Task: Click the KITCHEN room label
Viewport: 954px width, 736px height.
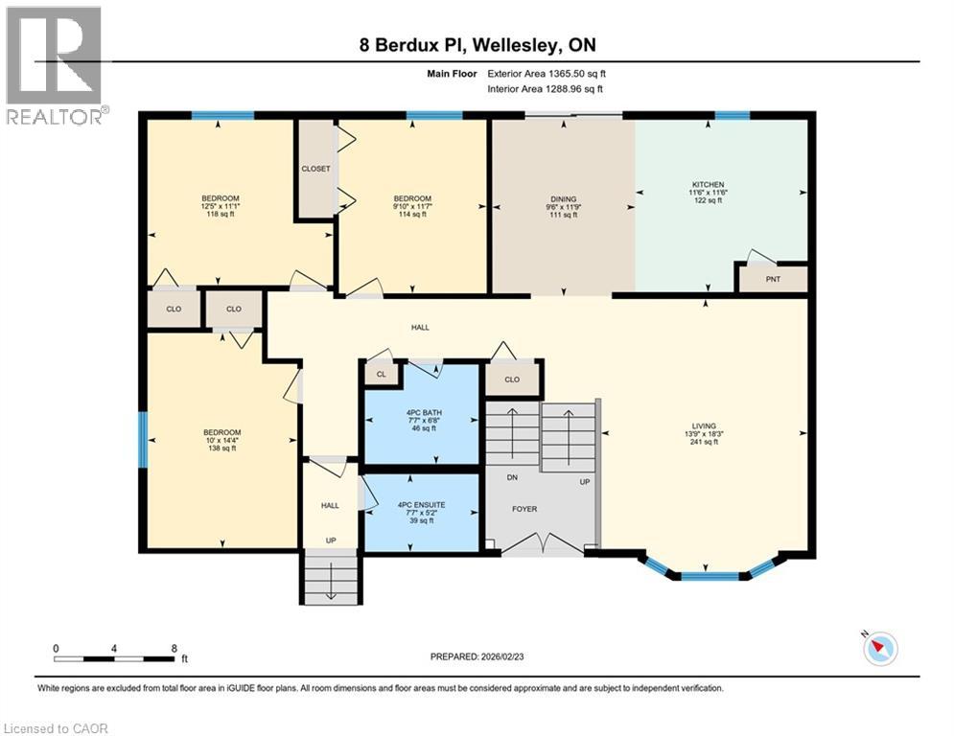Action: coord(708,184)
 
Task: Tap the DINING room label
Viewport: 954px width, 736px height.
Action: coord(563,199)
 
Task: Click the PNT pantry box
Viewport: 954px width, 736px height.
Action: coord(773,280)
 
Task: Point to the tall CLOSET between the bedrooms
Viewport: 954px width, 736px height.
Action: coord(315,169)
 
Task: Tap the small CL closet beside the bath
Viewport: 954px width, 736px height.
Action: coord(381,375)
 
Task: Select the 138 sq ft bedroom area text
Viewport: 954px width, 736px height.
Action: coord(221,448)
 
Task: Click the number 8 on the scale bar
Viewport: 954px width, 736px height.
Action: coord(174,648)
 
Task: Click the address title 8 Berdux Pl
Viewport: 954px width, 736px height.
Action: coord(477,45)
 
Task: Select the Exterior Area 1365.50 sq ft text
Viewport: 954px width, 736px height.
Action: coord(545,72)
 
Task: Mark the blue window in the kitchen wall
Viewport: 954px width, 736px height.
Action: coord(733,116)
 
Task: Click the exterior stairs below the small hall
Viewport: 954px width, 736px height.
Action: coord(331,578)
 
